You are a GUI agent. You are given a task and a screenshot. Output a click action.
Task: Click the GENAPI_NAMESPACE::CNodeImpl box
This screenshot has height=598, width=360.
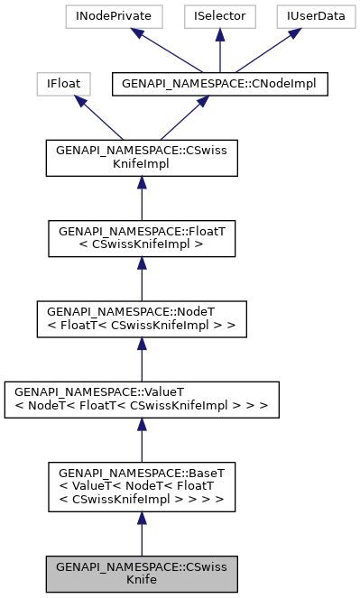219,85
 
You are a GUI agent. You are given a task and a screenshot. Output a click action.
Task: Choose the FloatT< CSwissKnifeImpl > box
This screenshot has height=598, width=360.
142,238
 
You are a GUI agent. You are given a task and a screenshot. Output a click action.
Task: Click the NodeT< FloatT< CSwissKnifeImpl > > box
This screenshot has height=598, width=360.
142,319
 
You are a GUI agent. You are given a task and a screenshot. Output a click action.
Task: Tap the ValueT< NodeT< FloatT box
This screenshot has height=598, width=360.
142,400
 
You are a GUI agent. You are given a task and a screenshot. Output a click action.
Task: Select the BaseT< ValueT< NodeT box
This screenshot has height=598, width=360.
142,487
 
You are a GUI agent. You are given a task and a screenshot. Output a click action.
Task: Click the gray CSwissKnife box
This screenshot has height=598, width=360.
142,575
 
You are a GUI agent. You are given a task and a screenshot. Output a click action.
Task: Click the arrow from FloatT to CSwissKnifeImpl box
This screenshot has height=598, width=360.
142,198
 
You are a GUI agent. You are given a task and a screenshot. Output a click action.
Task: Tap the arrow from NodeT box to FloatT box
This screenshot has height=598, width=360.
142,279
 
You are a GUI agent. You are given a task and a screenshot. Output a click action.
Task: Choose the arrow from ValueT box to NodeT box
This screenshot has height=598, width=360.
142,360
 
